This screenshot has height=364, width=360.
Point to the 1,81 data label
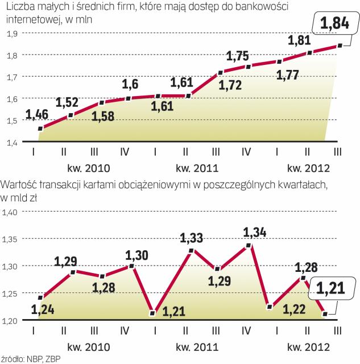[299, 41]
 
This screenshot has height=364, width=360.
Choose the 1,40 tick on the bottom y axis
[11, 212]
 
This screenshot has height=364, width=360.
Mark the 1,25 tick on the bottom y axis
[11, 293]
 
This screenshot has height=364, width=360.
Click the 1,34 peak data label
[254, 233]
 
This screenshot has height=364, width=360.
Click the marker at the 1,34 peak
[249, 246]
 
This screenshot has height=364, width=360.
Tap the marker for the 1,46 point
[40, 129]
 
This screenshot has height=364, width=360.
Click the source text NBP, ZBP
[44, 359]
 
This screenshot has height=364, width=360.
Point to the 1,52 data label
[68, 104]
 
